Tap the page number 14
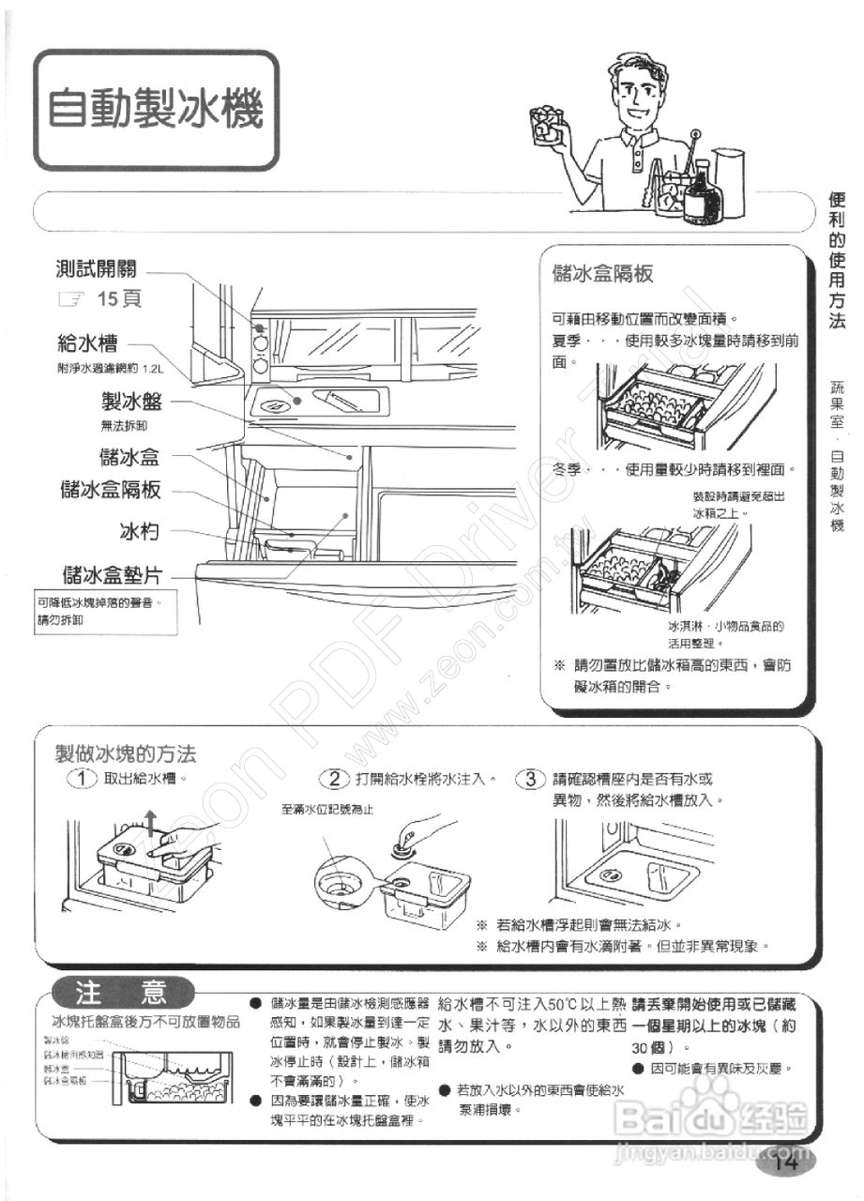(x=785, y=1163)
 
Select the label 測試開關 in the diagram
(x=97, y=269)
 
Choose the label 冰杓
(x=138, y=532)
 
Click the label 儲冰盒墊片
(x=111, y=573)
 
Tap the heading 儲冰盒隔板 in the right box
(x=603, y=275)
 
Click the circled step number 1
(x=83, y=779)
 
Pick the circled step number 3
(x=531, y=779)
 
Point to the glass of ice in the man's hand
(x=546, y=123)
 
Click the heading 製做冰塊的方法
(x=126, y=753)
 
